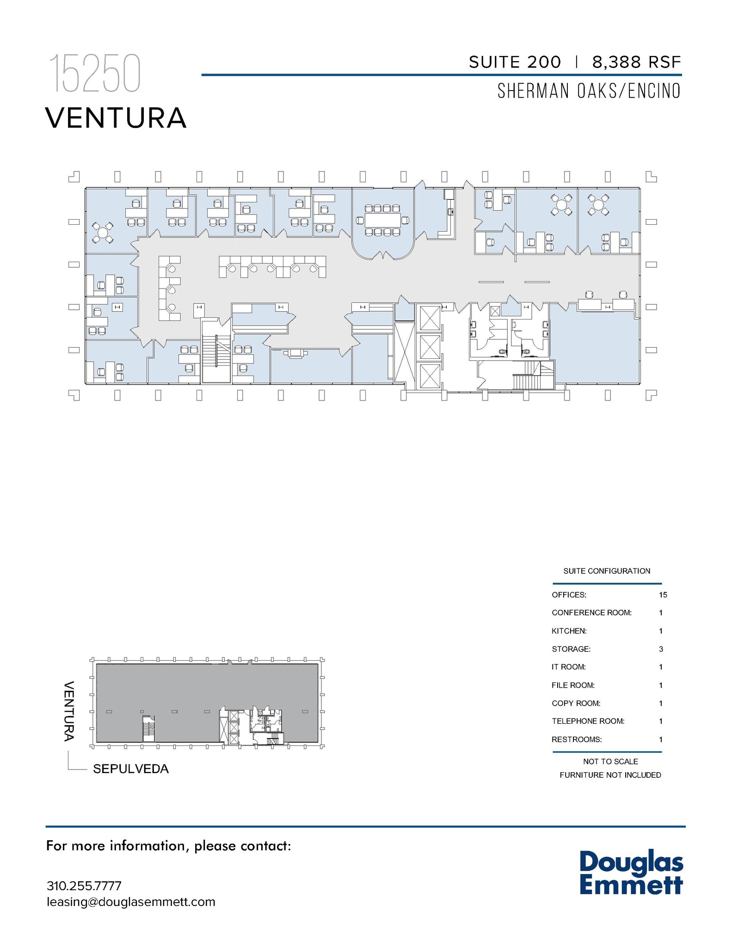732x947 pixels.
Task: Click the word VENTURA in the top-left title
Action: click(116, 118)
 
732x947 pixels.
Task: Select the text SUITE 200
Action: click(515, 62)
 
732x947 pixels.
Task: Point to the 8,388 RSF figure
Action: click(636, 62)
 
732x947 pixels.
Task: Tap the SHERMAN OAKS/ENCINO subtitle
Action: click(589, 91)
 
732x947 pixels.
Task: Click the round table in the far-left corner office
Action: click(103, 233)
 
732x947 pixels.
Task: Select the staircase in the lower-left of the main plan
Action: click(216, 351)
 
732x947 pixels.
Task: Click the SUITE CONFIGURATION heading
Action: click(606, 571)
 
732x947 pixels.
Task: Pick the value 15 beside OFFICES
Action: click(663, 595)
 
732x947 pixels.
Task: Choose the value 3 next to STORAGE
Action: click(661, 649)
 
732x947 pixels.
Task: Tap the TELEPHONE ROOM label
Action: click(588, 721)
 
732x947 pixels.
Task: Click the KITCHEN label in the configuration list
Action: click(569, 631)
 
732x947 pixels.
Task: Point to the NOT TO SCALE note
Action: click(610, 762)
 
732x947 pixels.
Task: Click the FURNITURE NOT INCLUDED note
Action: click(610, 775)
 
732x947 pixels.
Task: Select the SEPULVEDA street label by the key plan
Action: click(131, 769)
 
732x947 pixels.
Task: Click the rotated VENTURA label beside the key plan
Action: click(69, 711)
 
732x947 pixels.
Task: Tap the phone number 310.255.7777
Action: click(84, 886)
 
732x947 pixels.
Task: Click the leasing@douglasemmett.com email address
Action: click(131, 902)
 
